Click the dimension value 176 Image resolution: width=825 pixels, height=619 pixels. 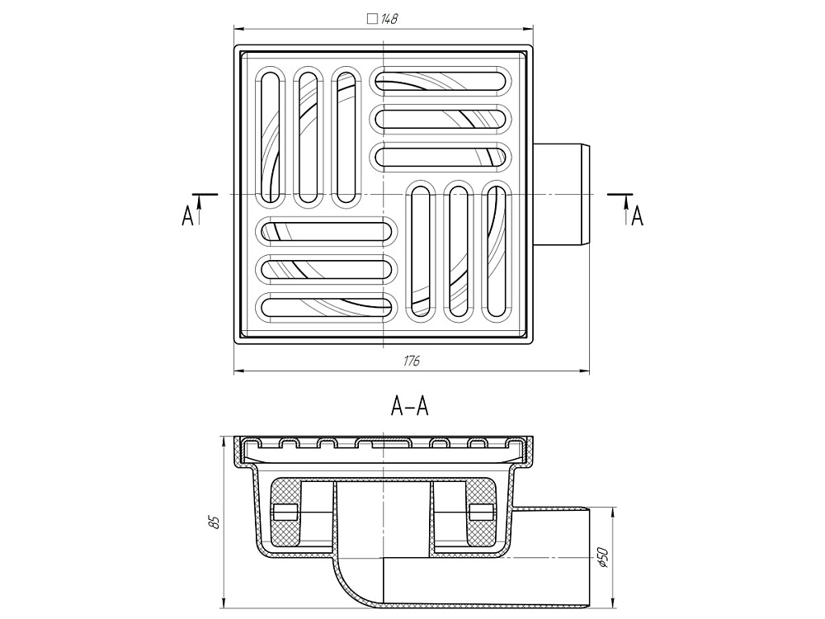coord(412,361)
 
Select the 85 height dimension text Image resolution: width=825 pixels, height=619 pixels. coord(213,522)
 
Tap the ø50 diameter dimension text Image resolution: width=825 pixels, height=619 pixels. coord(603,557)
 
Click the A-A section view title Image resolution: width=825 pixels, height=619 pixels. coord(410,405)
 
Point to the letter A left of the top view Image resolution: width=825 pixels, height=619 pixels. coord(187,216)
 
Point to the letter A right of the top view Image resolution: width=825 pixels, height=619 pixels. coord(637,216)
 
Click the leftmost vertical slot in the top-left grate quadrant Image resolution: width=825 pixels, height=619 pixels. coord(270,137)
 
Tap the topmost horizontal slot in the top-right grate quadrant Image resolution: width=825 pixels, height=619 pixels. coord(442,80)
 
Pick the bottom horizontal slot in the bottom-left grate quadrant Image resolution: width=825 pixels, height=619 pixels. coord(327,306)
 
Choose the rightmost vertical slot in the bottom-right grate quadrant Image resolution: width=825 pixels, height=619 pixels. coord(496,252)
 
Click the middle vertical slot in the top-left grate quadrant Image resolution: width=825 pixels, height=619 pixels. coord(307,137)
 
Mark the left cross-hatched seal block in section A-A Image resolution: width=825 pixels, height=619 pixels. coord(285,513)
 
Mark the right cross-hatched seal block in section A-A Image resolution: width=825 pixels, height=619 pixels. coord(481,513)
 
